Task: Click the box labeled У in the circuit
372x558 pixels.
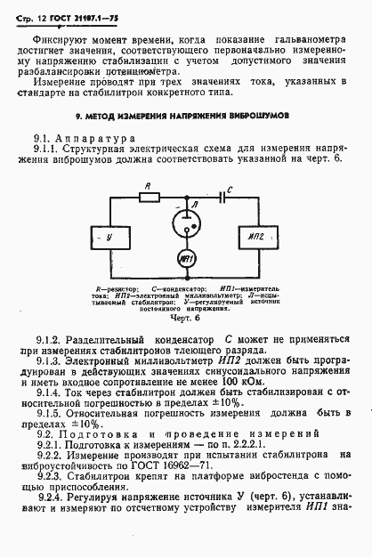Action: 109,238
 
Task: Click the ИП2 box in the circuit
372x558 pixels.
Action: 258,238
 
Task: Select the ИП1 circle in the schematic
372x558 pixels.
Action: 187,259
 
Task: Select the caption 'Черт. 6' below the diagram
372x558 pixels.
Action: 185,319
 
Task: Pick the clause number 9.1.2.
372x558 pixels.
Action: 47,340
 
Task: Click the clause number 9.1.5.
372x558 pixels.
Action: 47,414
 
